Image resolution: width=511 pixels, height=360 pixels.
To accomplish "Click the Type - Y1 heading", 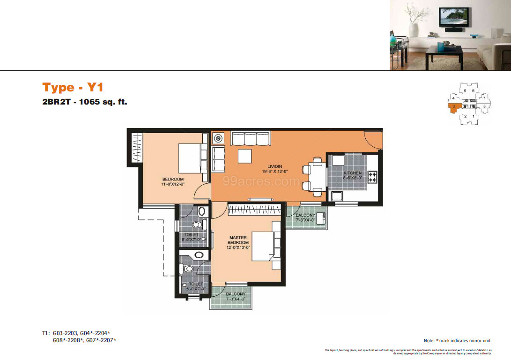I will (73, 88).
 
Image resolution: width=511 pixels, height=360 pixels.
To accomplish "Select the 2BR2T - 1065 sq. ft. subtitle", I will (85, 101).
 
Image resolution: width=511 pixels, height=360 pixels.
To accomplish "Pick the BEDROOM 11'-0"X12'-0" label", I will (173, 182).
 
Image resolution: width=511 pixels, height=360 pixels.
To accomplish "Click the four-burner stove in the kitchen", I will (373, 177).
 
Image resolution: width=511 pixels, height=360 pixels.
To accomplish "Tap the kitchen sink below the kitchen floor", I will (337, 196).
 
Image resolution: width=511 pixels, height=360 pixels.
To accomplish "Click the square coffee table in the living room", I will (244, 156).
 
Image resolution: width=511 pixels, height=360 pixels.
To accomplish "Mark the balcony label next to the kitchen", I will (305, 217).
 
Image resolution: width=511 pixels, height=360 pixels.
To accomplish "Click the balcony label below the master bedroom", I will (236, 296).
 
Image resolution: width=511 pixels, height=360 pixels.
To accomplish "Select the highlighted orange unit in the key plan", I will (453, 108).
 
